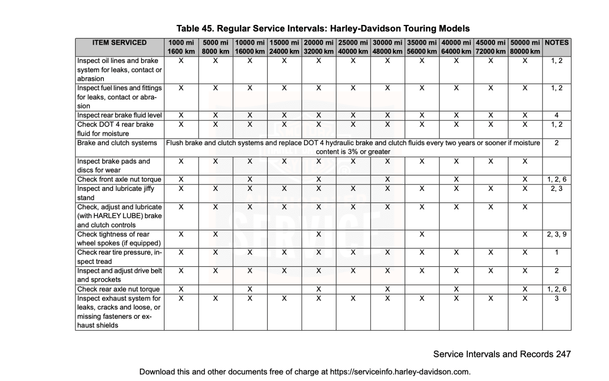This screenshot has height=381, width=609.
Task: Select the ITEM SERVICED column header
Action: (119, 43)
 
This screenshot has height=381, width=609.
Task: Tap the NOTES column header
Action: (557, 43)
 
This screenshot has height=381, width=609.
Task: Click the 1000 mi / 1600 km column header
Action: (181, 47)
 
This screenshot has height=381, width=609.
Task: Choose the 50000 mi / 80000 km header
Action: (525, 47)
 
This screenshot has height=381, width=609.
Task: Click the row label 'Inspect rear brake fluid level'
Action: (119, 115)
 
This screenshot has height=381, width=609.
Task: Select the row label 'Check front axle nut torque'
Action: (119, 179)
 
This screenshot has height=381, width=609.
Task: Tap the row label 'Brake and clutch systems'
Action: (117, 143)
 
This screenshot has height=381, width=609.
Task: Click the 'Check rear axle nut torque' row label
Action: (118, 289)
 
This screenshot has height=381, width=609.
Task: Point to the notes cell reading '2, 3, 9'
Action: (557, 234)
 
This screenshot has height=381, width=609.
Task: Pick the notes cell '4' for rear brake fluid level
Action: (557, 115)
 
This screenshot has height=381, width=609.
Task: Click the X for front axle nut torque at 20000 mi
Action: (319, 179)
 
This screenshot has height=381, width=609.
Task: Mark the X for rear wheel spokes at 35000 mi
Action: (422, 234)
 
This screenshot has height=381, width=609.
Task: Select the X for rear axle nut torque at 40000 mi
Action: (456, 289)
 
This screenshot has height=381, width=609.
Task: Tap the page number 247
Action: (563, 354)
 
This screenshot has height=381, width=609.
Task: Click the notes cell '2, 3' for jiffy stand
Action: (557, 189)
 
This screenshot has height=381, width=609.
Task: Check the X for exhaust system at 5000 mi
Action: (215, 298)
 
